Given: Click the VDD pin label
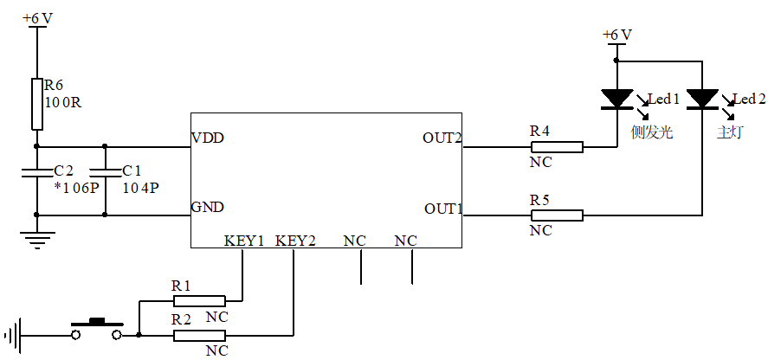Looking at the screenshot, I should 209,138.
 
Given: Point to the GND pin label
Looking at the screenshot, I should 209,208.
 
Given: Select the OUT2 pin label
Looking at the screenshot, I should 442,138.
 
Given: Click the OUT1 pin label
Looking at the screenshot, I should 443,209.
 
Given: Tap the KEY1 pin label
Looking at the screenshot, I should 243,241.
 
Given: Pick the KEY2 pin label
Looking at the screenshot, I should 295,241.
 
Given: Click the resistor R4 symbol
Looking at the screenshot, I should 556,146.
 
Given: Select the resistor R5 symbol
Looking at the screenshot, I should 556,215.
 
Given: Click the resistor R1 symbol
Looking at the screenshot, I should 199,300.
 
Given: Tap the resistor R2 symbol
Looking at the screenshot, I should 199,335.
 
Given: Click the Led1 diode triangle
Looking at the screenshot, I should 616,99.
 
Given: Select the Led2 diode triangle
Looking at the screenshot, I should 702,99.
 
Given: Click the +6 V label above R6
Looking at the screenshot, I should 37,18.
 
